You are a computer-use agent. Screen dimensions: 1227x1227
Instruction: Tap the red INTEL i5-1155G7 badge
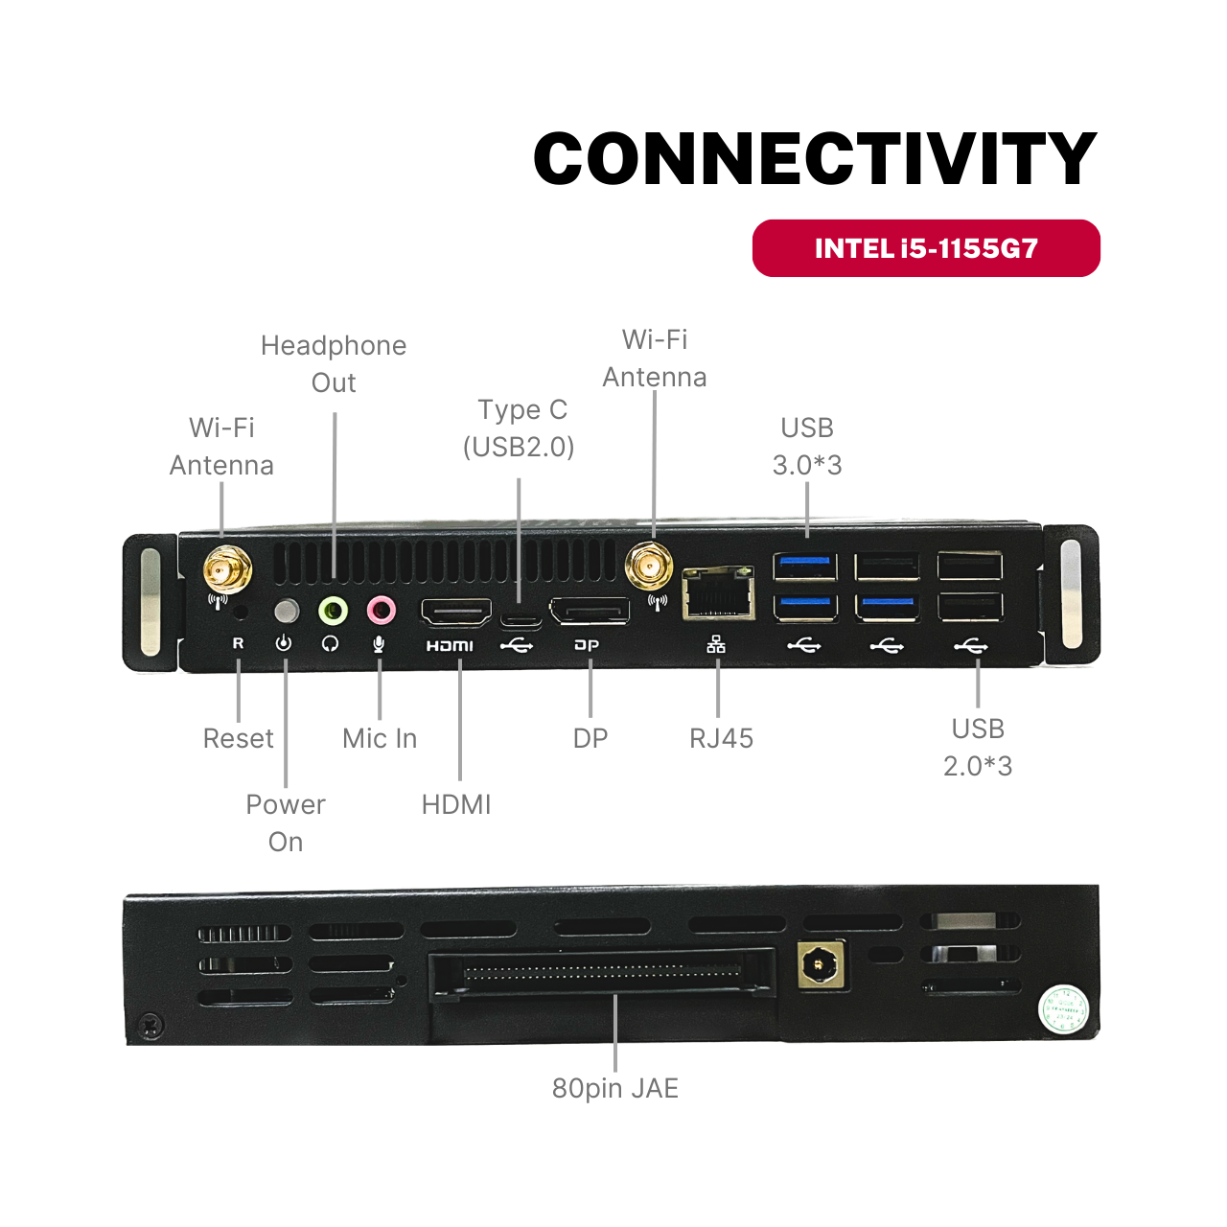click(926, 248)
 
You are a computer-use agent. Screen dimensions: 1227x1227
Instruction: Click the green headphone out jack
click(333, 609)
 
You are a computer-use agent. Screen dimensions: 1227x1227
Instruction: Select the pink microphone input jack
click(381, 609)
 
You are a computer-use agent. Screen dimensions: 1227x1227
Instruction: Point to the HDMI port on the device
click(456, 612)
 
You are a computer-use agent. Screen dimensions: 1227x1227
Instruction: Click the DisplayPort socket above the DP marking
click(589, 611)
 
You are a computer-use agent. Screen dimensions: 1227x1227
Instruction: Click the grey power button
click(286, 611)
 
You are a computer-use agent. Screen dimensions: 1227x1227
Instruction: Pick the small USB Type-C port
click(521, 618)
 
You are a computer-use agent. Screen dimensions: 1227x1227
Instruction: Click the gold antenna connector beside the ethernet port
click(649, 567)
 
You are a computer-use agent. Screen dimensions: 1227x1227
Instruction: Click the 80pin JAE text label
click(614, 1088)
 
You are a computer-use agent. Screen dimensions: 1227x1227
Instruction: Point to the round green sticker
click(1063, 1009)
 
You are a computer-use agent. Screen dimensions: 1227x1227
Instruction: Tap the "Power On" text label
click(286, 822)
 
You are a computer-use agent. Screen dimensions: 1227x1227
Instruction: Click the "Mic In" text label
click(380, 738)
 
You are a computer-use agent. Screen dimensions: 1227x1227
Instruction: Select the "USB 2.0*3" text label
click(978, 747)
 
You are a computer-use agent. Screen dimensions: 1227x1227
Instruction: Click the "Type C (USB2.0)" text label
click(520, 428)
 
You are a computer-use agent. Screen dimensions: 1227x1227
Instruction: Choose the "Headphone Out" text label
click(334, 363)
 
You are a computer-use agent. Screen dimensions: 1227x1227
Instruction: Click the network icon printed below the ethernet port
click(716, 644)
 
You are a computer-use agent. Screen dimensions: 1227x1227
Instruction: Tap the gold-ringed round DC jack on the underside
click(822, 963)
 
